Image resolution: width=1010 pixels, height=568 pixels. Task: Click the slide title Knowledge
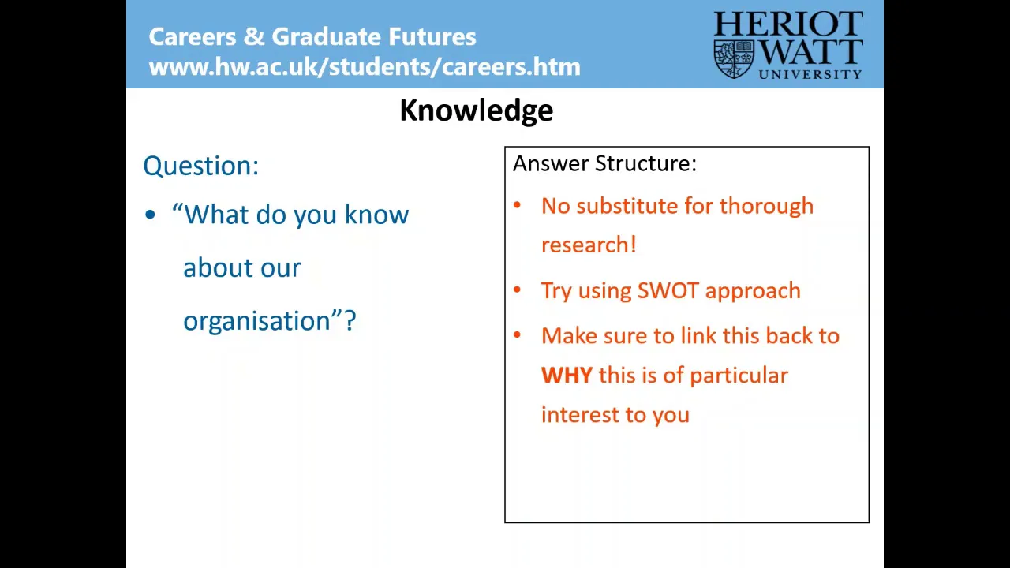tap(476, 111)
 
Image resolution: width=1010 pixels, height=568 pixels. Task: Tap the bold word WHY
tap(567, 375)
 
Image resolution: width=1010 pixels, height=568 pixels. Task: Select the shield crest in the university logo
tap(734, 59)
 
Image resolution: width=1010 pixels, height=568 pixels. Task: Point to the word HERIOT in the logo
tap(788, 24)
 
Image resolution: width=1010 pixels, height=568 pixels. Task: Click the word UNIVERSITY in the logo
tap(810, 74)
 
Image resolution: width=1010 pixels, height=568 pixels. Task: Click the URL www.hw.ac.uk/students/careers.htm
tap(365, 67)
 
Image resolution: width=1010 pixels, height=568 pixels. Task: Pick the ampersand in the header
tap(254, 36)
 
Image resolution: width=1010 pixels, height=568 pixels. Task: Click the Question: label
tap(201, 166)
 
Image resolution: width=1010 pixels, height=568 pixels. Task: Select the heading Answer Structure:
tap(604, 163)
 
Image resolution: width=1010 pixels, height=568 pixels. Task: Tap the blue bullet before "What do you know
tap(150, 215)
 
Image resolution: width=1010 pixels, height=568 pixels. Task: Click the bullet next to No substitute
tap(517, 206)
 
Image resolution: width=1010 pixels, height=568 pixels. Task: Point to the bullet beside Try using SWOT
tap(517, 290)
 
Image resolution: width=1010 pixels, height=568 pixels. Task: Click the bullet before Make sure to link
tap(517, 335)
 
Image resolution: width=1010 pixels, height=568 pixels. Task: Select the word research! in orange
tap(589, 245)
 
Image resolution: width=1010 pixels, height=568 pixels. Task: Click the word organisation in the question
tap(257, 321)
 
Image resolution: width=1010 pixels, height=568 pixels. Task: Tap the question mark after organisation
tap(350, 320)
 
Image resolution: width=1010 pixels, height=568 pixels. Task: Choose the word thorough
tap(766, 207)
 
